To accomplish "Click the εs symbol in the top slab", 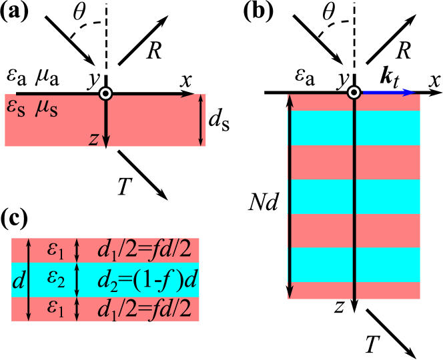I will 16,109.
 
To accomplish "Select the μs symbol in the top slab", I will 47,109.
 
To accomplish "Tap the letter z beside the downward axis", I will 93,139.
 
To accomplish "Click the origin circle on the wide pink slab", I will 105,93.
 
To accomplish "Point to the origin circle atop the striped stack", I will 354,93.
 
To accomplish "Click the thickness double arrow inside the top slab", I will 201,120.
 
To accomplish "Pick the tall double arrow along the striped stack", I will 290,197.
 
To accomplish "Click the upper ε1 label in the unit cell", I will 55,250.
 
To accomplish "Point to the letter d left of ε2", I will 18,281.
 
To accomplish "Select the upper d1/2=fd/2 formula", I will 144,250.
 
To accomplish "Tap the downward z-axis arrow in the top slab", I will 105,123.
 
